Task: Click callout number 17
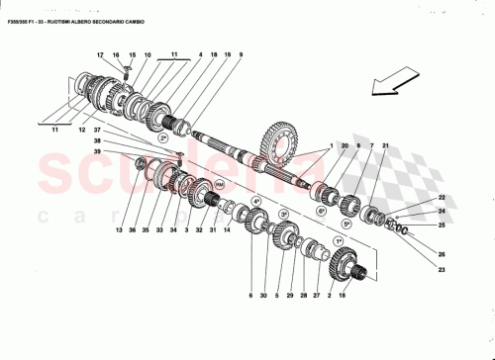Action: coord(101,54)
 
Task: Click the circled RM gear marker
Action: coord(219,185)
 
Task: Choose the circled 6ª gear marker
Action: coord(322,211)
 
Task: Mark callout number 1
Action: coord(331,147)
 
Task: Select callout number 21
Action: coord(385,147)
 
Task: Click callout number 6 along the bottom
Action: coord(251,295)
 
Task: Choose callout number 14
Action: coord(228,230)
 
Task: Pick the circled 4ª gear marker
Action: coord(255,201)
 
